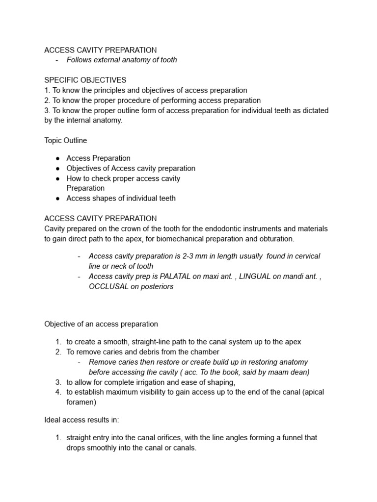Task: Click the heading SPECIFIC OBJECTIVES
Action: [85, 80]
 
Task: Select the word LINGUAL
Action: [255, 276]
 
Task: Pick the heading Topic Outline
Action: [66, 141]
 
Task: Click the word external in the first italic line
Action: [108, 60]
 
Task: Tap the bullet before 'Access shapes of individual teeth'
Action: [58, 199]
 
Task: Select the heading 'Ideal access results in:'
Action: [81, 420]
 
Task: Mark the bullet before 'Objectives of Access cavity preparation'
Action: [58, 169]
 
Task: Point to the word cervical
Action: [305, 256]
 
